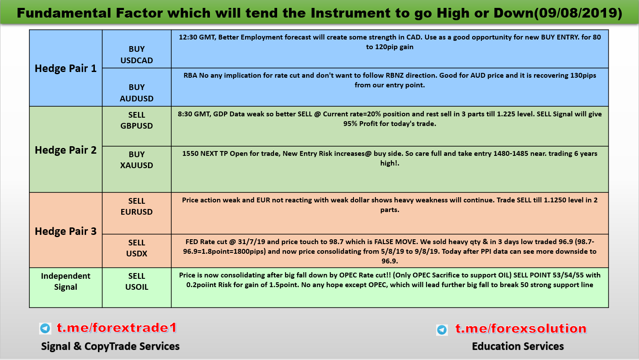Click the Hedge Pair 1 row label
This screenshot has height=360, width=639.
point(65,68)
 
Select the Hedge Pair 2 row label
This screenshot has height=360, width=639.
point(65,150)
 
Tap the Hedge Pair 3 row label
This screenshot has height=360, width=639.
point(65,231)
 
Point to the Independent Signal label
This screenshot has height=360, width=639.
point(65,281)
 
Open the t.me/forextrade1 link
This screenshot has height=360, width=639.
point(117,328)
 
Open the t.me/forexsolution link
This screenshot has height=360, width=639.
point(521,328)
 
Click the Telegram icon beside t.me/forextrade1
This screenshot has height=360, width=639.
point(45,328)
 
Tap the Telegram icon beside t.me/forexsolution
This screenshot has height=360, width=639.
point(442,330)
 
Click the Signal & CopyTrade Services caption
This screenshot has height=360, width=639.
point(110,346)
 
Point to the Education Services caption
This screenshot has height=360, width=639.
point(518,346)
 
